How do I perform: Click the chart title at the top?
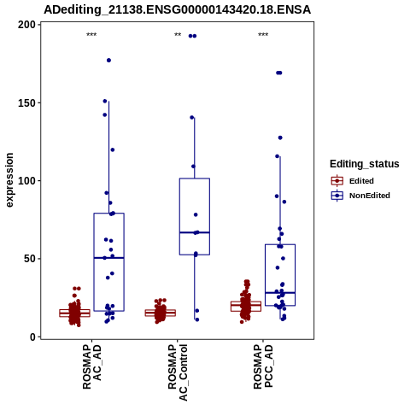click(x=177, y=9)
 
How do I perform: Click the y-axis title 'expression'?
click(x=9, y=180)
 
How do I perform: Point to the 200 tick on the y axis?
click(x=27, y=25)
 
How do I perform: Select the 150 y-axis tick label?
click(x=27, y=102)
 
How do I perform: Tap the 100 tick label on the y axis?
click(x=27, y=181)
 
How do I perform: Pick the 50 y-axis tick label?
click(x=31, y=259)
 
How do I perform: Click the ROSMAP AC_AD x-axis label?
click(x=91, y=366)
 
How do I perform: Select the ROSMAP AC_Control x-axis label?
click(x=178, y=372)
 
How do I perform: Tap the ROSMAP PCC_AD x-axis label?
click(x=263, y=366)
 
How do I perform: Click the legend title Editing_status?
click(x=365, y=164)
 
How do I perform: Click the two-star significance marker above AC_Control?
click(x=178, y=35)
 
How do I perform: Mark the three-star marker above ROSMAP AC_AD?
click(x=91, y=35)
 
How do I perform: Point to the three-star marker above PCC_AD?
click(x=263, y=35)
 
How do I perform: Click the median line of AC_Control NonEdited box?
click(x=195, y=232)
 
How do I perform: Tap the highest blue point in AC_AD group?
click(x=108, y=61)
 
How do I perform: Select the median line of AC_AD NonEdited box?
click(x=108, y=258)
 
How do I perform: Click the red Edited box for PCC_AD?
click(x=246, y=306)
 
